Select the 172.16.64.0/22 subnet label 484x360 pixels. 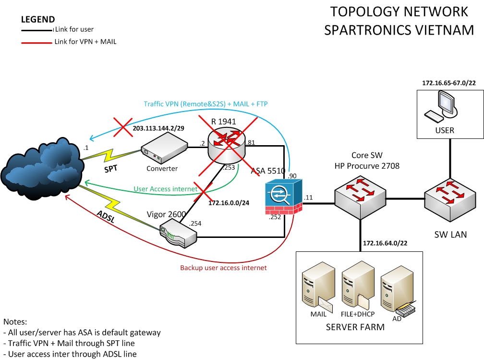point(386,243)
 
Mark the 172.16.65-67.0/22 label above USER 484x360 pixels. point(449,83)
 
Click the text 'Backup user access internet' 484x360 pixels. point(223,268)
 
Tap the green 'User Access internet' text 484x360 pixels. point(166,189)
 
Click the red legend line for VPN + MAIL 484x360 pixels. point(36,42)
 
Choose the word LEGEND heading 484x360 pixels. point(38,20)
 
